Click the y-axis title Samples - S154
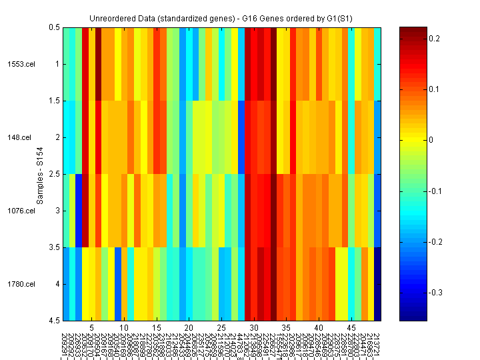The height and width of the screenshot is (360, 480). [x=40, y=174]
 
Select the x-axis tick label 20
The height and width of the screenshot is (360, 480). [x=189, y=328]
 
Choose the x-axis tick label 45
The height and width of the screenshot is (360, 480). [x=351, y=328]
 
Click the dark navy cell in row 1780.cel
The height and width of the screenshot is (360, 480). [x=377, y=284]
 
